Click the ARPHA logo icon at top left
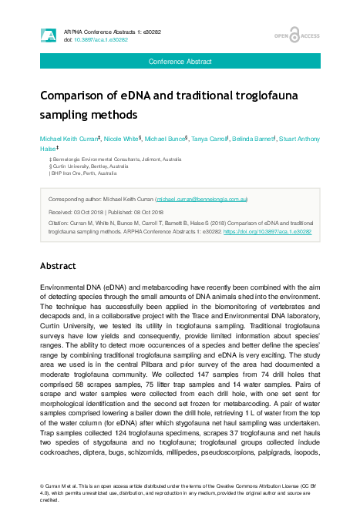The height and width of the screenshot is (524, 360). coord(48,35)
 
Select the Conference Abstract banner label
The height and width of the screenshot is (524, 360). coord(180,60)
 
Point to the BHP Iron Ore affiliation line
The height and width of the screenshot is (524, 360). coord(88,173)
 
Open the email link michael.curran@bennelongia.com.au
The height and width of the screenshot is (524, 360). coord(201,199)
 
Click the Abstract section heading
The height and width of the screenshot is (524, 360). coord(58,266)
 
